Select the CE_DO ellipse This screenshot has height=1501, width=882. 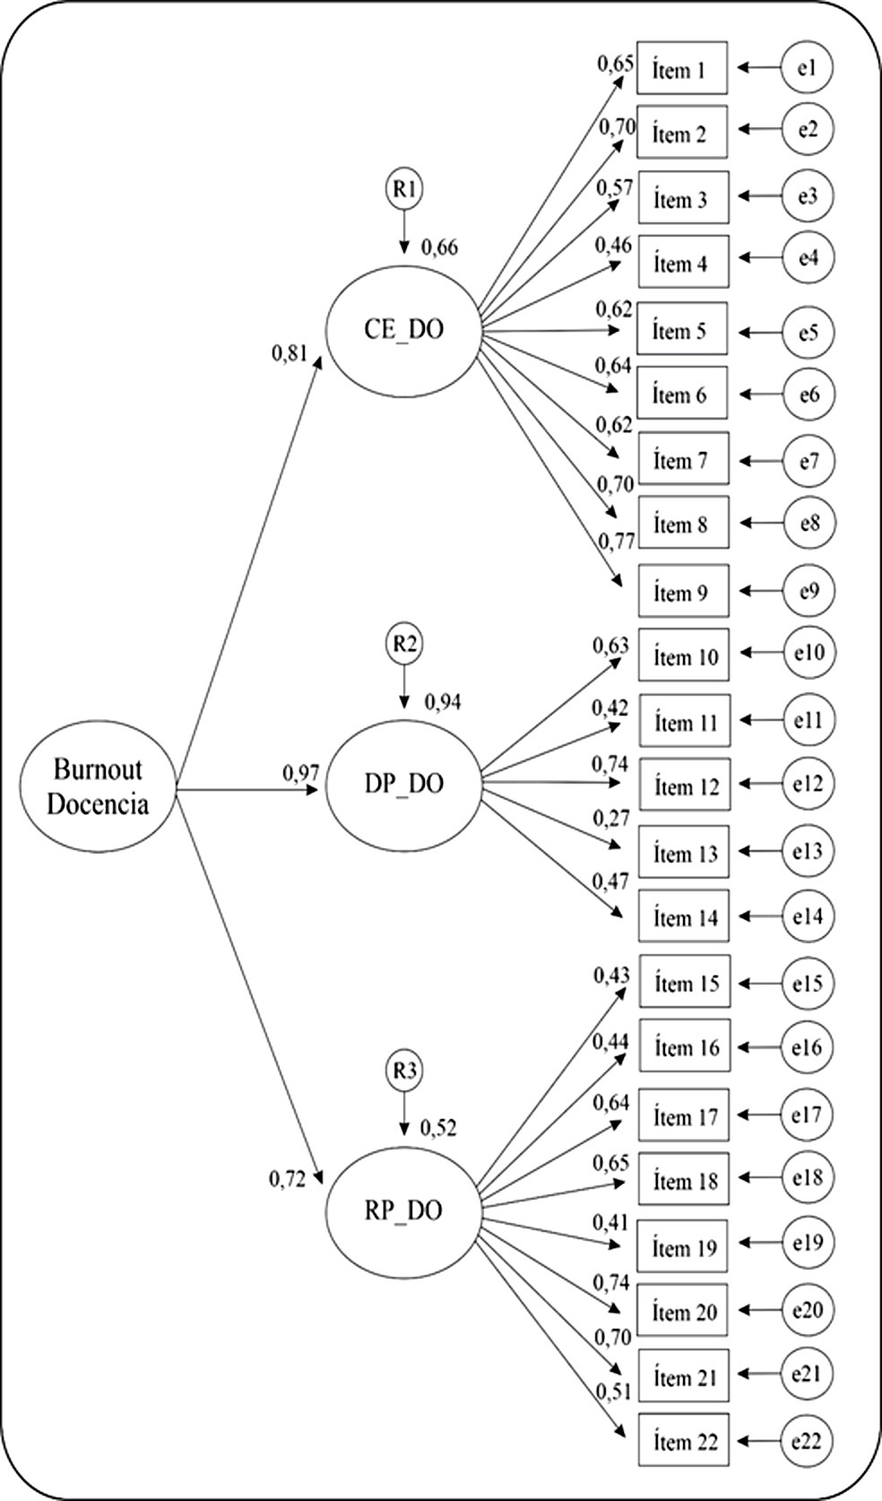click(403, 330)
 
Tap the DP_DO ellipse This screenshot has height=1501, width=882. click(403, 784)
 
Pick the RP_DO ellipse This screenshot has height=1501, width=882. click(403, 1210)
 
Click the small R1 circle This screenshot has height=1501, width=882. click(404, 189)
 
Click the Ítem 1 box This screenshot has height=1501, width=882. click(681, 68)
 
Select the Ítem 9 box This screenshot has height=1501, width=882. click(682, 592)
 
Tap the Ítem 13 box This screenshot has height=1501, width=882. click(684, 853)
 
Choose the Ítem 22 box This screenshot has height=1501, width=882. click(684, 1441)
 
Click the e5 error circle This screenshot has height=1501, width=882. click(808, 332)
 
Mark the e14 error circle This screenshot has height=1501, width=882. click(808, 916)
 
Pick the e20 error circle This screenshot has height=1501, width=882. click(807, 1310)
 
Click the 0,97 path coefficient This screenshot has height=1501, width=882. click(301, 772)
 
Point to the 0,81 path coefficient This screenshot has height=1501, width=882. click(290, 353)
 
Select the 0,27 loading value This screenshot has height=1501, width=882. click(610, 818)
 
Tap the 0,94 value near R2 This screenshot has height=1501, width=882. click(443, 701)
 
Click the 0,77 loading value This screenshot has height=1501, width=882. click(617, 541)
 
